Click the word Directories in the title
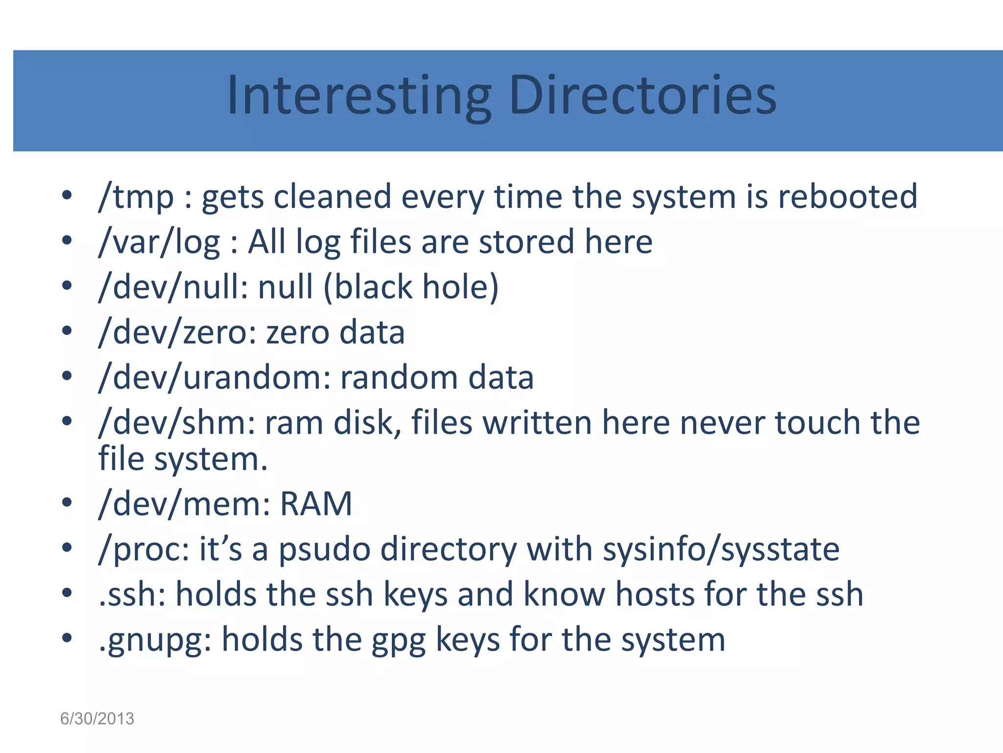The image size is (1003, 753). (642, 96)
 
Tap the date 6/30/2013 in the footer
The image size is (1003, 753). (97, 719)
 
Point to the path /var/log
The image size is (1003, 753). (159, 242)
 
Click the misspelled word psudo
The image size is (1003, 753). (324, 550)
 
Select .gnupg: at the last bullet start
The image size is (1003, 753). (155, 640)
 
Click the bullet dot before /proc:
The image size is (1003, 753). (67, 547)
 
